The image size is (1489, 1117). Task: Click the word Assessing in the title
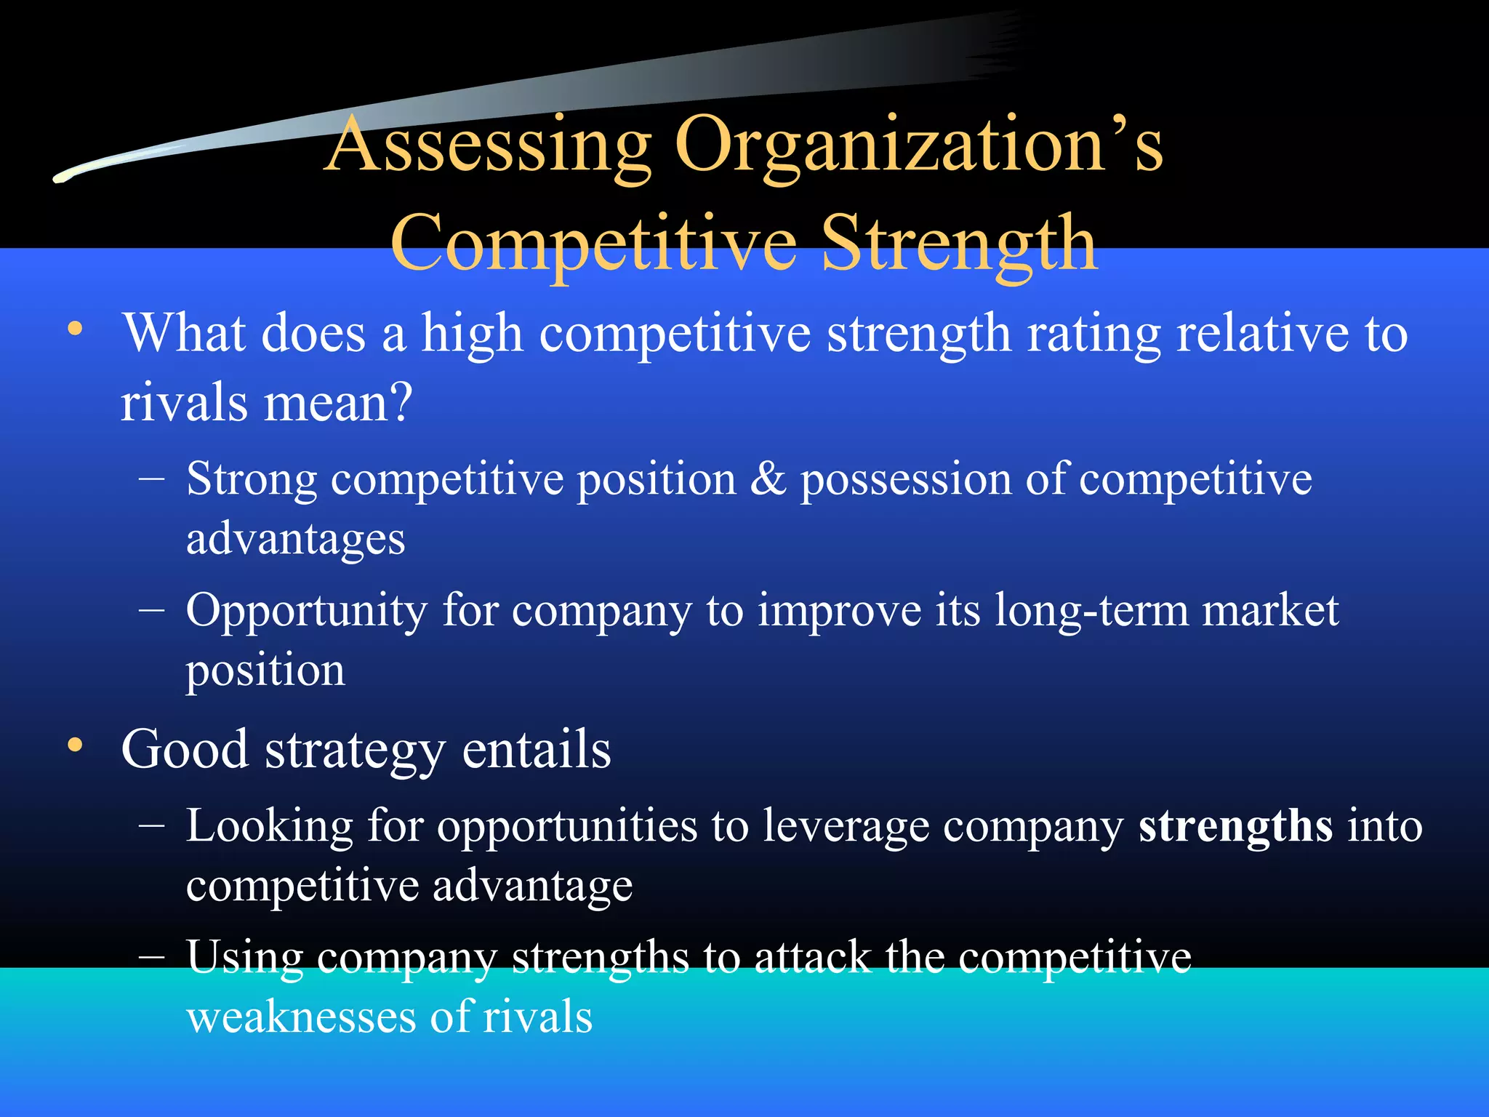[489, 145]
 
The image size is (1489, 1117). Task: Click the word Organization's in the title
[919, 145]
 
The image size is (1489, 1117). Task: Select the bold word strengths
[1235, 827]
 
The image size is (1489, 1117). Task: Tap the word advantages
[295, 540]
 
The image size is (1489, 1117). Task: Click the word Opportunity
[306, 611]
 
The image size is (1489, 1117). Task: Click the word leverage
[846, 827]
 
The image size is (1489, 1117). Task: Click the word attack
[812, 957]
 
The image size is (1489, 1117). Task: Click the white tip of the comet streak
[61, 177]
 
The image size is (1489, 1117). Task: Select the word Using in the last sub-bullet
[244, 957]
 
